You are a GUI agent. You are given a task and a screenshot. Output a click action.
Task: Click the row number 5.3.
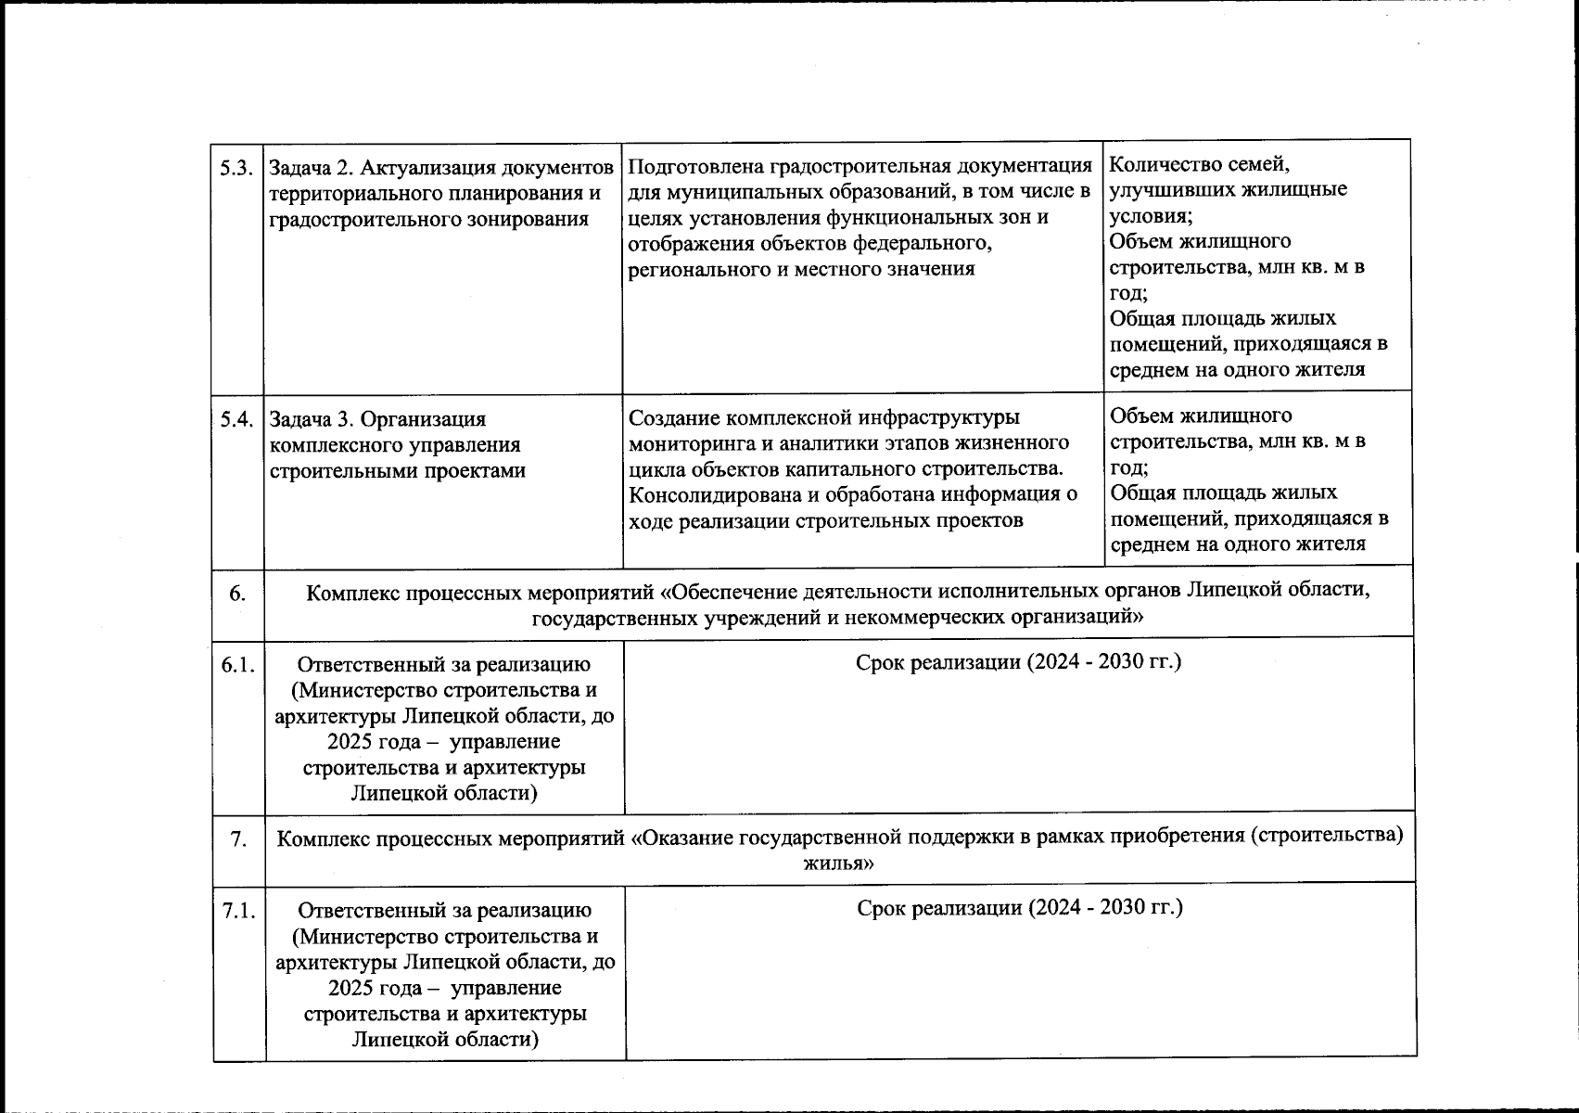click(x=236, y=169)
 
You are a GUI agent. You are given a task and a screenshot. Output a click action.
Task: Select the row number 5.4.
click(x=237, y=419)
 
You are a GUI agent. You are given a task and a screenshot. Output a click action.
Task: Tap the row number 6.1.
click(x=238, y=665)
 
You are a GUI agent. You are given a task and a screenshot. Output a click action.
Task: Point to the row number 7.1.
click(x=239, y=911)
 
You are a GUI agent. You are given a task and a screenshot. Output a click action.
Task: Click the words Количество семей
click(x=1199, y=165)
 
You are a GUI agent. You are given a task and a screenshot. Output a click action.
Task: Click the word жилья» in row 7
click(x=839, y=864)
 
